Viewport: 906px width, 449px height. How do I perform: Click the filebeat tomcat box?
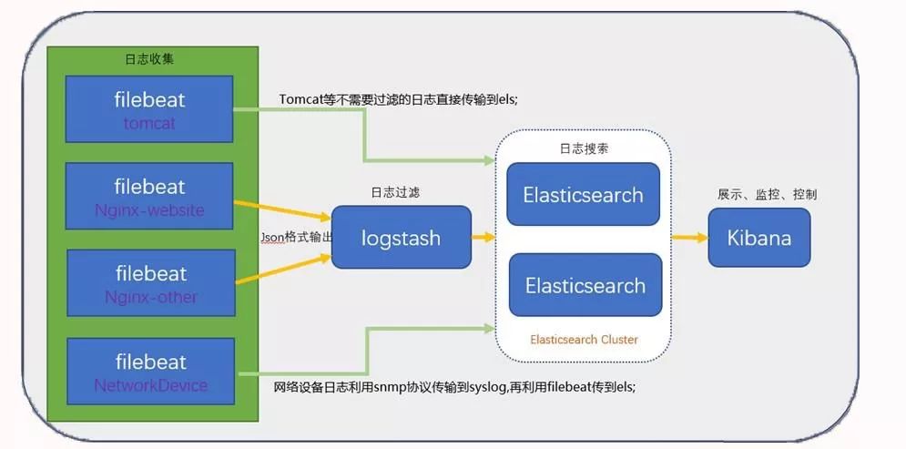[x=150, y=108]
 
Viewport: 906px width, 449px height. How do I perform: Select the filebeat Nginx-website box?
[x=150, y=197]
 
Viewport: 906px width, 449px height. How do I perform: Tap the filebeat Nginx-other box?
[x=150, y=283]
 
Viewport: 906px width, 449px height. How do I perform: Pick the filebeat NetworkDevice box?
[x=150, y=372]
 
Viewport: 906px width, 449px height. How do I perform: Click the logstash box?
[x=401, y=238]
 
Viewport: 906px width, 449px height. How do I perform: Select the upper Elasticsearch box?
[x=583, y=194]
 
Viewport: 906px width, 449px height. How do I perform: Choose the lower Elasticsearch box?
[x=585, y=285]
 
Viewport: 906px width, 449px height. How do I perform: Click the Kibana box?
[x=758, y=238]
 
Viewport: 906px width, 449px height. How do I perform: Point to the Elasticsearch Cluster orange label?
[x=584, y=340]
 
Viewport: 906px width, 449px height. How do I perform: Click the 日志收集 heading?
[x=149, y=59]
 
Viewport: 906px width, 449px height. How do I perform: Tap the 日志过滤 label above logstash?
[x=395, y=193]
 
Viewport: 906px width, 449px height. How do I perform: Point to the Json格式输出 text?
[x=296, y=237]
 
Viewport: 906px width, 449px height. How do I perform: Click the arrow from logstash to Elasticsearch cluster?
[x=484, y=238]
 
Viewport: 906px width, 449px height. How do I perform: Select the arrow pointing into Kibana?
[x=690, y=238]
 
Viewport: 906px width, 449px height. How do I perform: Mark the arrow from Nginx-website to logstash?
[x=282, y=210]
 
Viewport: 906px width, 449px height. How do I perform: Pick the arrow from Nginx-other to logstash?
[x=282, y=270]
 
